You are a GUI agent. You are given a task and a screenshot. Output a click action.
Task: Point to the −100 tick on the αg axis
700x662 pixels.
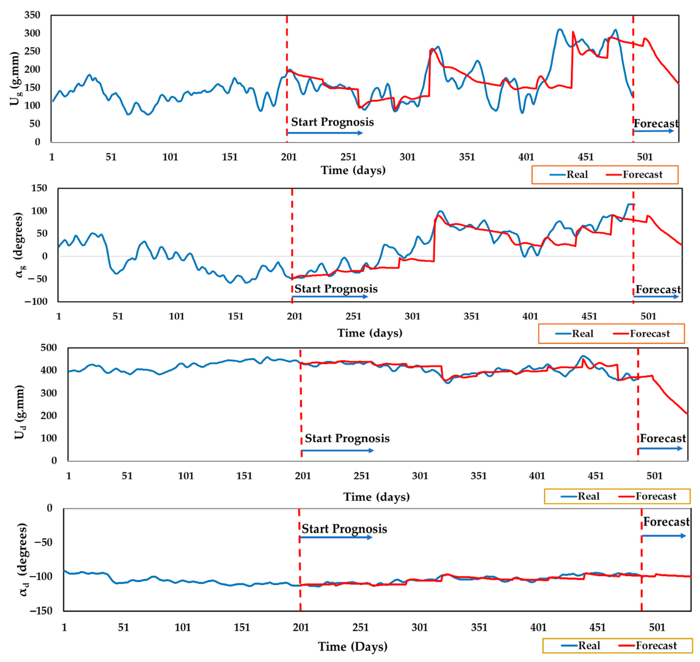point(36,301)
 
